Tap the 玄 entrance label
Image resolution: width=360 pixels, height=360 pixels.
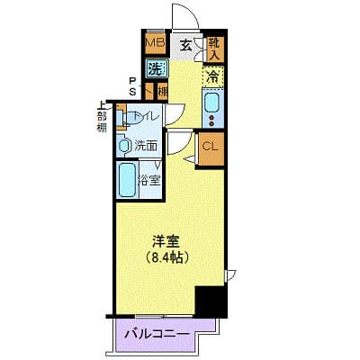[x=184, y=44]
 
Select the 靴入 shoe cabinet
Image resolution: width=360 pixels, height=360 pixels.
[x=213, y=49]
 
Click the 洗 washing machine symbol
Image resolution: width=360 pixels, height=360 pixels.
[x=156, y=68]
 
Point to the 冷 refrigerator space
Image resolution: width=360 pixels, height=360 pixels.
[x=212, y=77]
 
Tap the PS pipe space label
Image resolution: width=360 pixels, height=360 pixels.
[x=132, y=85]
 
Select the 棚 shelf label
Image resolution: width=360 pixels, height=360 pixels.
[x=163, y=90]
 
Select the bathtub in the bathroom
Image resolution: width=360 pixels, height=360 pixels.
[x=127, y=179]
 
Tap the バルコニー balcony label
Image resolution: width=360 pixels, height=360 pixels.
[x=164, y=336]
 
